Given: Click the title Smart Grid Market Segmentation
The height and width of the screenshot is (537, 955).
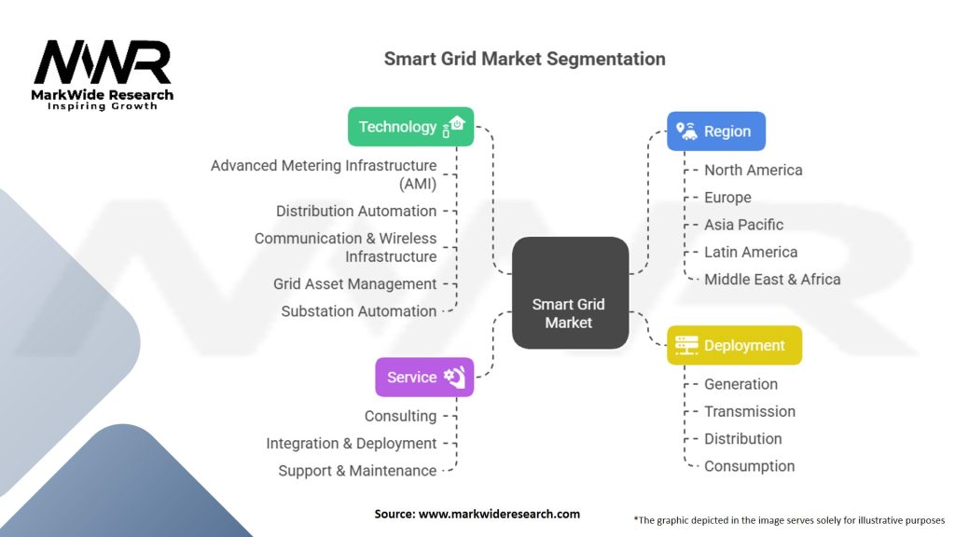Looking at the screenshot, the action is (x=524, y=59).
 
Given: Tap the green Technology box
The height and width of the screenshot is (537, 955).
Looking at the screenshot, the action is (x=410, y=127).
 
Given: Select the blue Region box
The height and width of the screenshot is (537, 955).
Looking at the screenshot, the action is (x=715, y=131).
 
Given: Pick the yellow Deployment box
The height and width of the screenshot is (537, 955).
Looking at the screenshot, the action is (x=734, y=345).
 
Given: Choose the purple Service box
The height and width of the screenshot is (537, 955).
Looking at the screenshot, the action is (x=424, y=377).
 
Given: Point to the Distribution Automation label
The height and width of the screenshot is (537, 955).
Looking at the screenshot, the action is (x=356, y=211).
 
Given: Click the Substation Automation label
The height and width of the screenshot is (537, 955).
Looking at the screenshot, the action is (x=359, y=311).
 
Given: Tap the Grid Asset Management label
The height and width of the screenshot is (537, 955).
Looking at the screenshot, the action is (x=354, y=283).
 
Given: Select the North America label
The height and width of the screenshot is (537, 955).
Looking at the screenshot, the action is (x=753, y=170).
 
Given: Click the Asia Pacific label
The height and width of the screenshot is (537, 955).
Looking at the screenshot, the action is (x=743, y=225).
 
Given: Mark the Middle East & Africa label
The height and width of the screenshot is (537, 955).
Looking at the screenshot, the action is (x=772, y=279).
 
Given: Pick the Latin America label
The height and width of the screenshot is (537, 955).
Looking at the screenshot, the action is (x=751, y=252).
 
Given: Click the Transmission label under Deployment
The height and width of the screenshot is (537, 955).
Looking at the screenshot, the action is (x=750, y=411).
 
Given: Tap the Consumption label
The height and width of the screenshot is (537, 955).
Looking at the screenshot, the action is (x=749, y=466).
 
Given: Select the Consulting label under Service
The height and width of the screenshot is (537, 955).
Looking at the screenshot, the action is (x=400, y=416).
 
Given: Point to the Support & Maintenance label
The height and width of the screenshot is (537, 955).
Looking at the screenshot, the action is (x=357, y=471).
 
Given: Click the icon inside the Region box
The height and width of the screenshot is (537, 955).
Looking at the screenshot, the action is (x=686, y=131).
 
